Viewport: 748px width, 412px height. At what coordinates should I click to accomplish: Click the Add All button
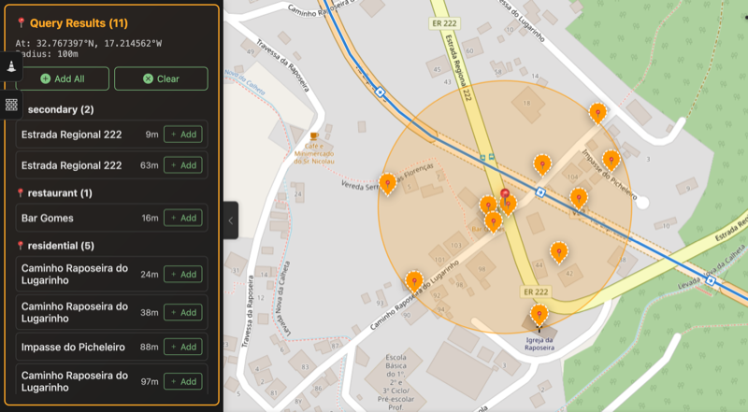click(x=63, y=78)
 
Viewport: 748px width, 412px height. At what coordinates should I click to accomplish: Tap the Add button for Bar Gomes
click(x=183, y=218)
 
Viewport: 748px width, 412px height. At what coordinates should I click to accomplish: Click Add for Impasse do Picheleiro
click(x=183, y=347)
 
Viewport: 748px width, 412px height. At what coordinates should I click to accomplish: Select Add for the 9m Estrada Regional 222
click(x=183, y=135)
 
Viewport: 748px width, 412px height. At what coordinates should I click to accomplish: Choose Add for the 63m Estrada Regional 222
click(x=183, y=165)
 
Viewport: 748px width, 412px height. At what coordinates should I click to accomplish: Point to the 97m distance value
click(x=150, y=381)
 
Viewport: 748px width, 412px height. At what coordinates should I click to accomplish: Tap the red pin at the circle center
click(x=506, y=197)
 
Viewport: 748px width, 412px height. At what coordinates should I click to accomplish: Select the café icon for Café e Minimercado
click(x=315, y=136)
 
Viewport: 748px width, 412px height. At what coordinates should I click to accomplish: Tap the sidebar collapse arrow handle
click(x=230, y=220)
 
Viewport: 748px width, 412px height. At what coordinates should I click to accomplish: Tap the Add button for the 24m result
click(x=183, y=274)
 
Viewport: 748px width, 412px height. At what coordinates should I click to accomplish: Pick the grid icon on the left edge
click(x=11, y=105)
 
